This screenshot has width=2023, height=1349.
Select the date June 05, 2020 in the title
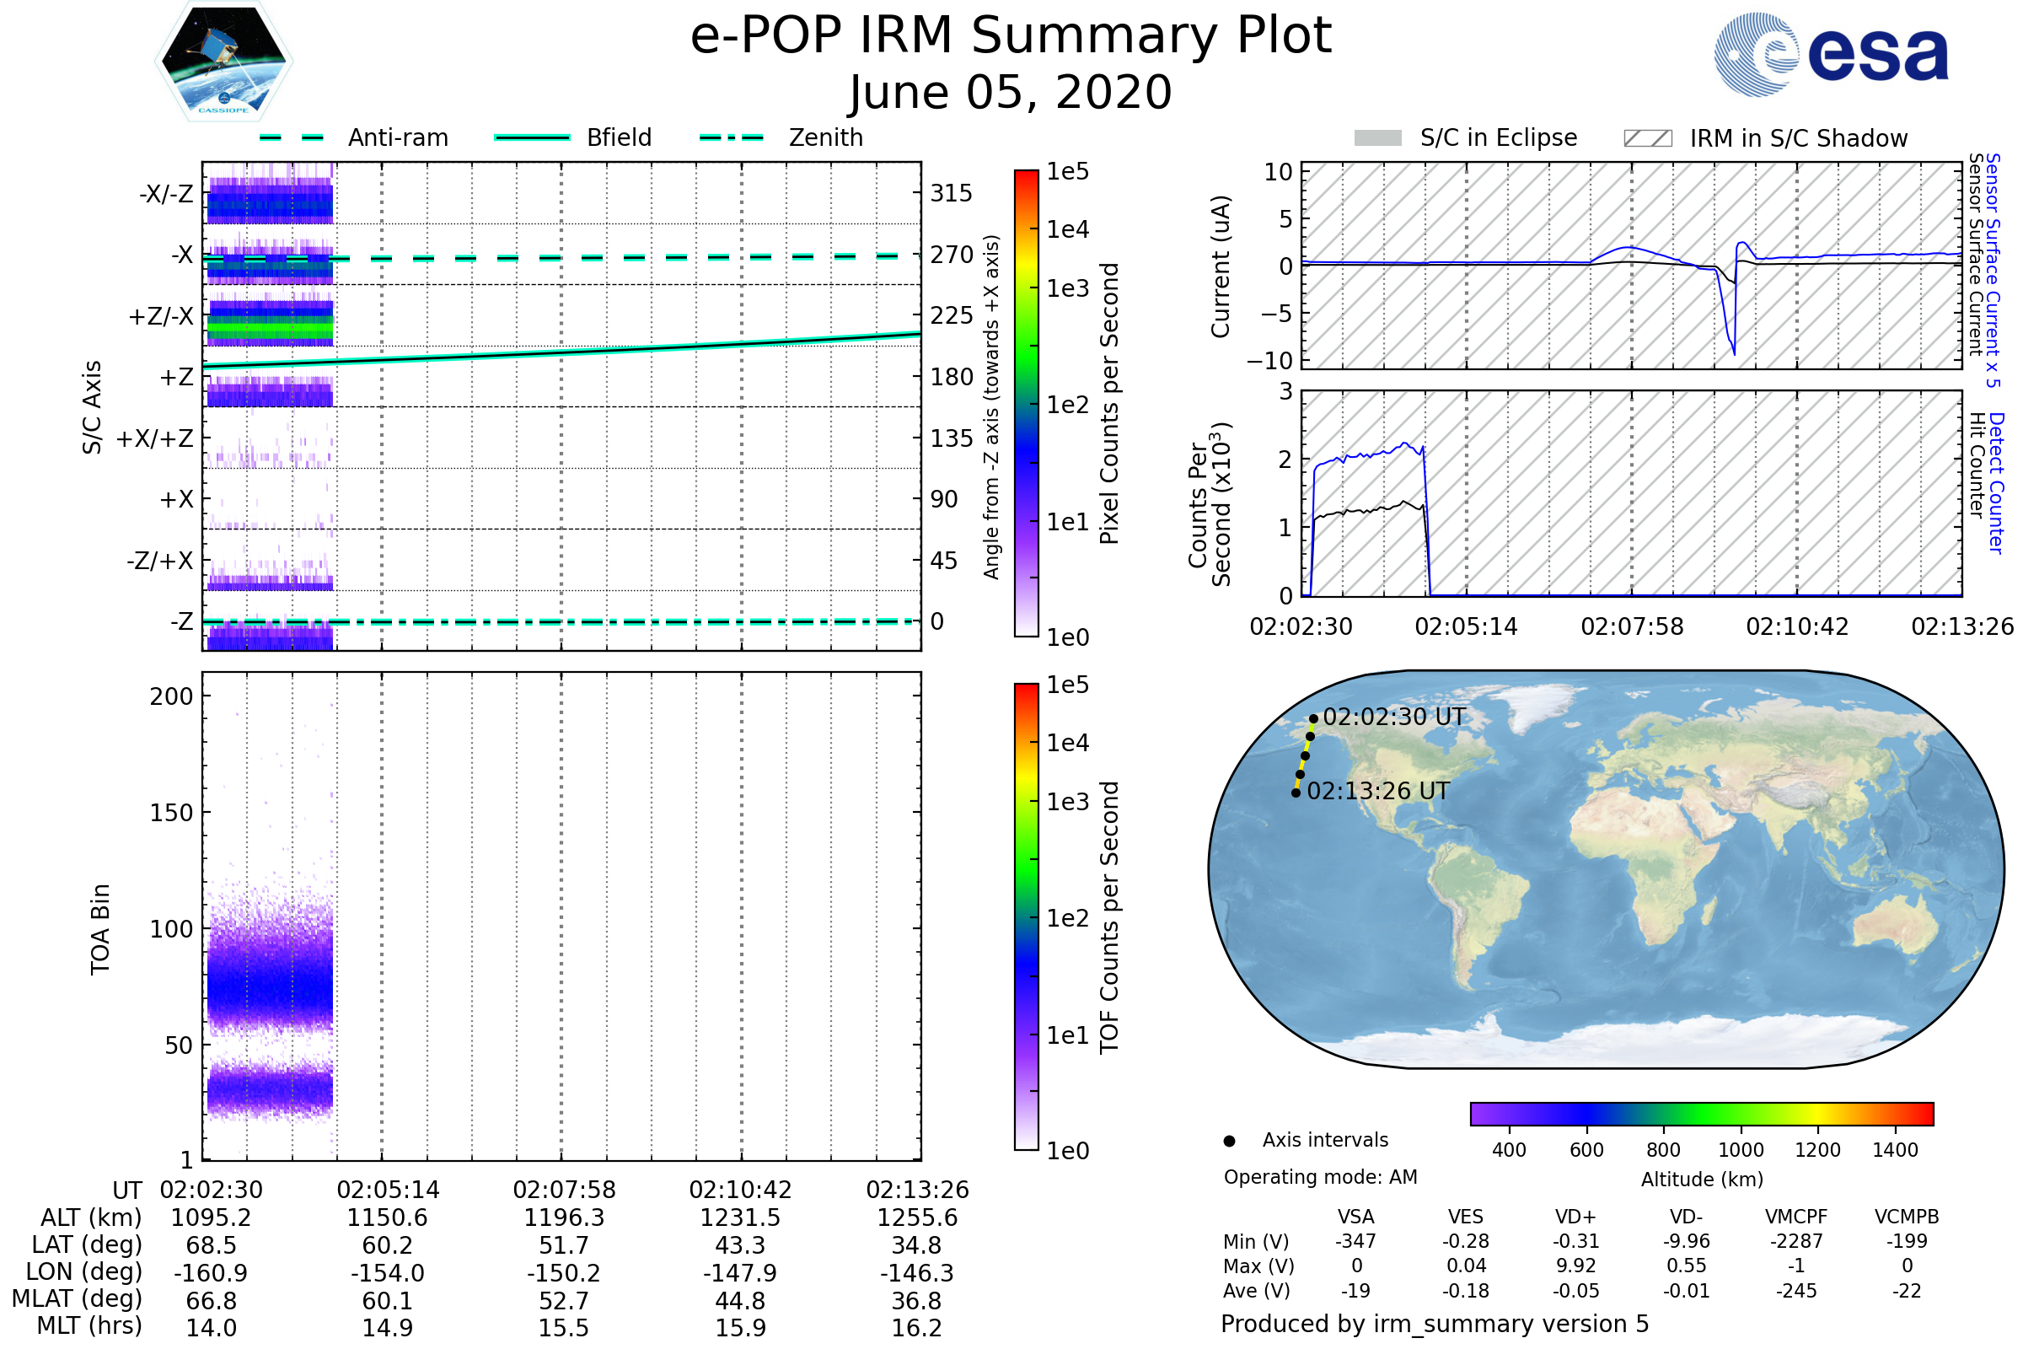pyautogui.click(x=1011, y=93)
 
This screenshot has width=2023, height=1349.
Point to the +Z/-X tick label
pyautogui.click(x=161, y=317)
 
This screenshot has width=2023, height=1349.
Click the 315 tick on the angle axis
pyautogui.click(x=951, y=194)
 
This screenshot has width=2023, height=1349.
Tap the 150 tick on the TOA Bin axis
pyautogui.click(x=171, y=813)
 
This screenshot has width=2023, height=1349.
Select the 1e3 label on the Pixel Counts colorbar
pyautogui.click(x=1067, y=289)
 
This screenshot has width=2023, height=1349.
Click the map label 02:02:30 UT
pyautogui.click(x=1393, y=717)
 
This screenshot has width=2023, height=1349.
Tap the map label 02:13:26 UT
pyautogui.click(x=1378, y=792)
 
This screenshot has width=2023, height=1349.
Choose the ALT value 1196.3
pyautogui.click(x=564, y=1218)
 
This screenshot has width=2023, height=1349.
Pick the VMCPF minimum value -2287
pyautogui.click(x=1796, y=1241)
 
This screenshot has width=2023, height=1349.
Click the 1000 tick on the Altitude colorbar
pyautogui.click(x=1741, y=1150)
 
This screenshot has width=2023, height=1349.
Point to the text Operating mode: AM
pyautogui.click(x=1320, y=1177)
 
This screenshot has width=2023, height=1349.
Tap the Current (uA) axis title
pyautogui.click(x=1221, y=266)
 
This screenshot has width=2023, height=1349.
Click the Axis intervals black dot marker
pyautogui.click(x=1230, y=1141)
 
